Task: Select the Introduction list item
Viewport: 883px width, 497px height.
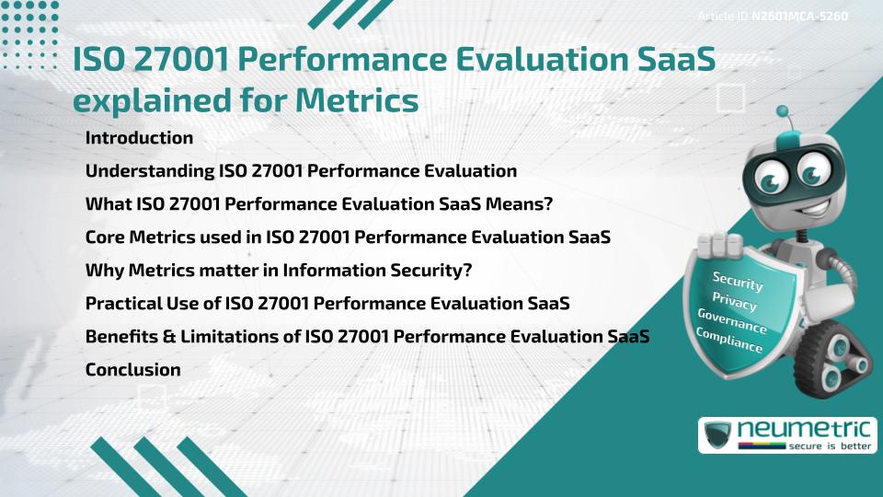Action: point(139,138)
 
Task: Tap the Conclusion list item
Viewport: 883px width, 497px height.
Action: point(132,370)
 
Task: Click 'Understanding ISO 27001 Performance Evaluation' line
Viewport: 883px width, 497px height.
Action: point(301,171)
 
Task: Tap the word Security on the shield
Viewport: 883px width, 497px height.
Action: point(737,281)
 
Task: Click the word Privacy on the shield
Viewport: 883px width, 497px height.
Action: point(734,301)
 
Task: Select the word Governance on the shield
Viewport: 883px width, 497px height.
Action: point(731,321)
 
